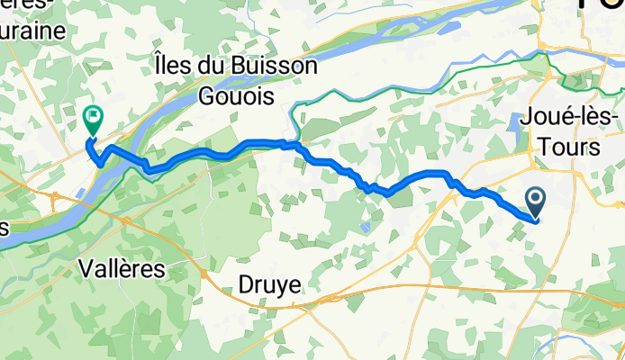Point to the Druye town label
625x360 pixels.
click(270, 285)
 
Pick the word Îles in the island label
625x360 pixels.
click(174, 66)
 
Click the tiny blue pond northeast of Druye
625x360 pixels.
click(364, 227)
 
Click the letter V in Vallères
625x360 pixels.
click(86, 268)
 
